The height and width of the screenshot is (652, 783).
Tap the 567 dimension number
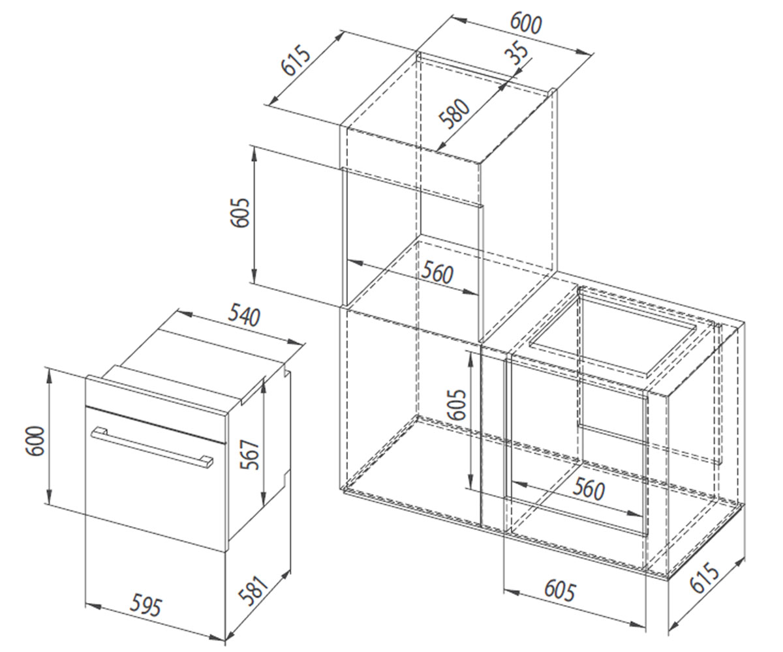click(x=250, y=455)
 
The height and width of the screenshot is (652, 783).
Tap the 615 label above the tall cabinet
click(x=296, y=60)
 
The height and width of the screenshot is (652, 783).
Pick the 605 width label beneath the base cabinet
click(x=559, y=591)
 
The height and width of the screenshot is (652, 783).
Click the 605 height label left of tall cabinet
click(x=239, y=213)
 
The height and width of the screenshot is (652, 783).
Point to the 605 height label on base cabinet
click(x=457, y=404)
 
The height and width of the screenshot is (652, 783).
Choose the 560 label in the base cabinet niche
click(x=589, y=488)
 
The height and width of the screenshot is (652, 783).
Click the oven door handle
click(x=152, y=447)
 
